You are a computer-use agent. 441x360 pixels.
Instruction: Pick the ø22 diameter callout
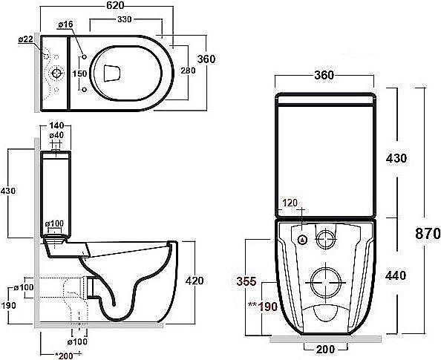point(24,39)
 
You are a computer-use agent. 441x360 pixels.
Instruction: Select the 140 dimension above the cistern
point(57,126)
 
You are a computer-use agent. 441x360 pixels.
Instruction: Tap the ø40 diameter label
point(56,136)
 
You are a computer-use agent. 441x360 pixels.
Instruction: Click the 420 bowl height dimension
point(194,281)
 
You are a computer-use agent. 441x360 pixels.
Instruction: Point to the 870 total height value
point(428,233)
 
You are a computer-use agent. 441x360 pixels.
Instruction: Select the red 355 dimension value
point(248,281)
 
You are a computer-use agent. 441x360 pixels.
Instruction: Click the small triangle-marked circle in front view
point(303,240)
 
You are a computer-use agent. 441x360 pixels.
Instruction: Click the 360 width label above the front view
point(324,75)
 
